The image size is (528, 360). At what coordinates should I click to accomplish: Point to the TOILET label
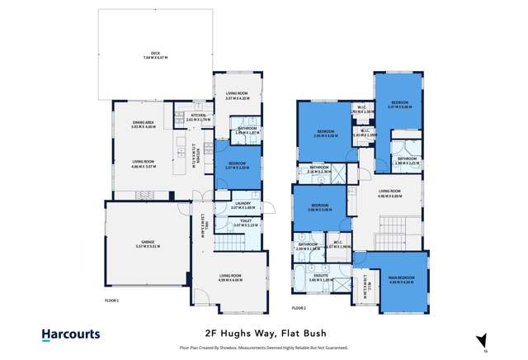pyautogui.click(x=247, y=220)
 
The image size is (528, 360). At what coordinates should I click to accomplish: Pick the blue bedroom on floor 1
pyautogui.click(x=238, y=169)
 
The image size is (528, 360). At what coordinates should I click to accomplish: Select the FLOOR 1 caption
pyautogui.click(x=111, y=301)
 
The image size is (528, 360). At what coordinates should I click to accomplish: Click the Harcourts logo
pyautogui.click(x=71, y=334)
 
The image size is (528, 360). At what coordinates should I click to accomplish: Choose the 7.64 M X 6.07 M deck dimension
pyautogui.click(x=155, y=58)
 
